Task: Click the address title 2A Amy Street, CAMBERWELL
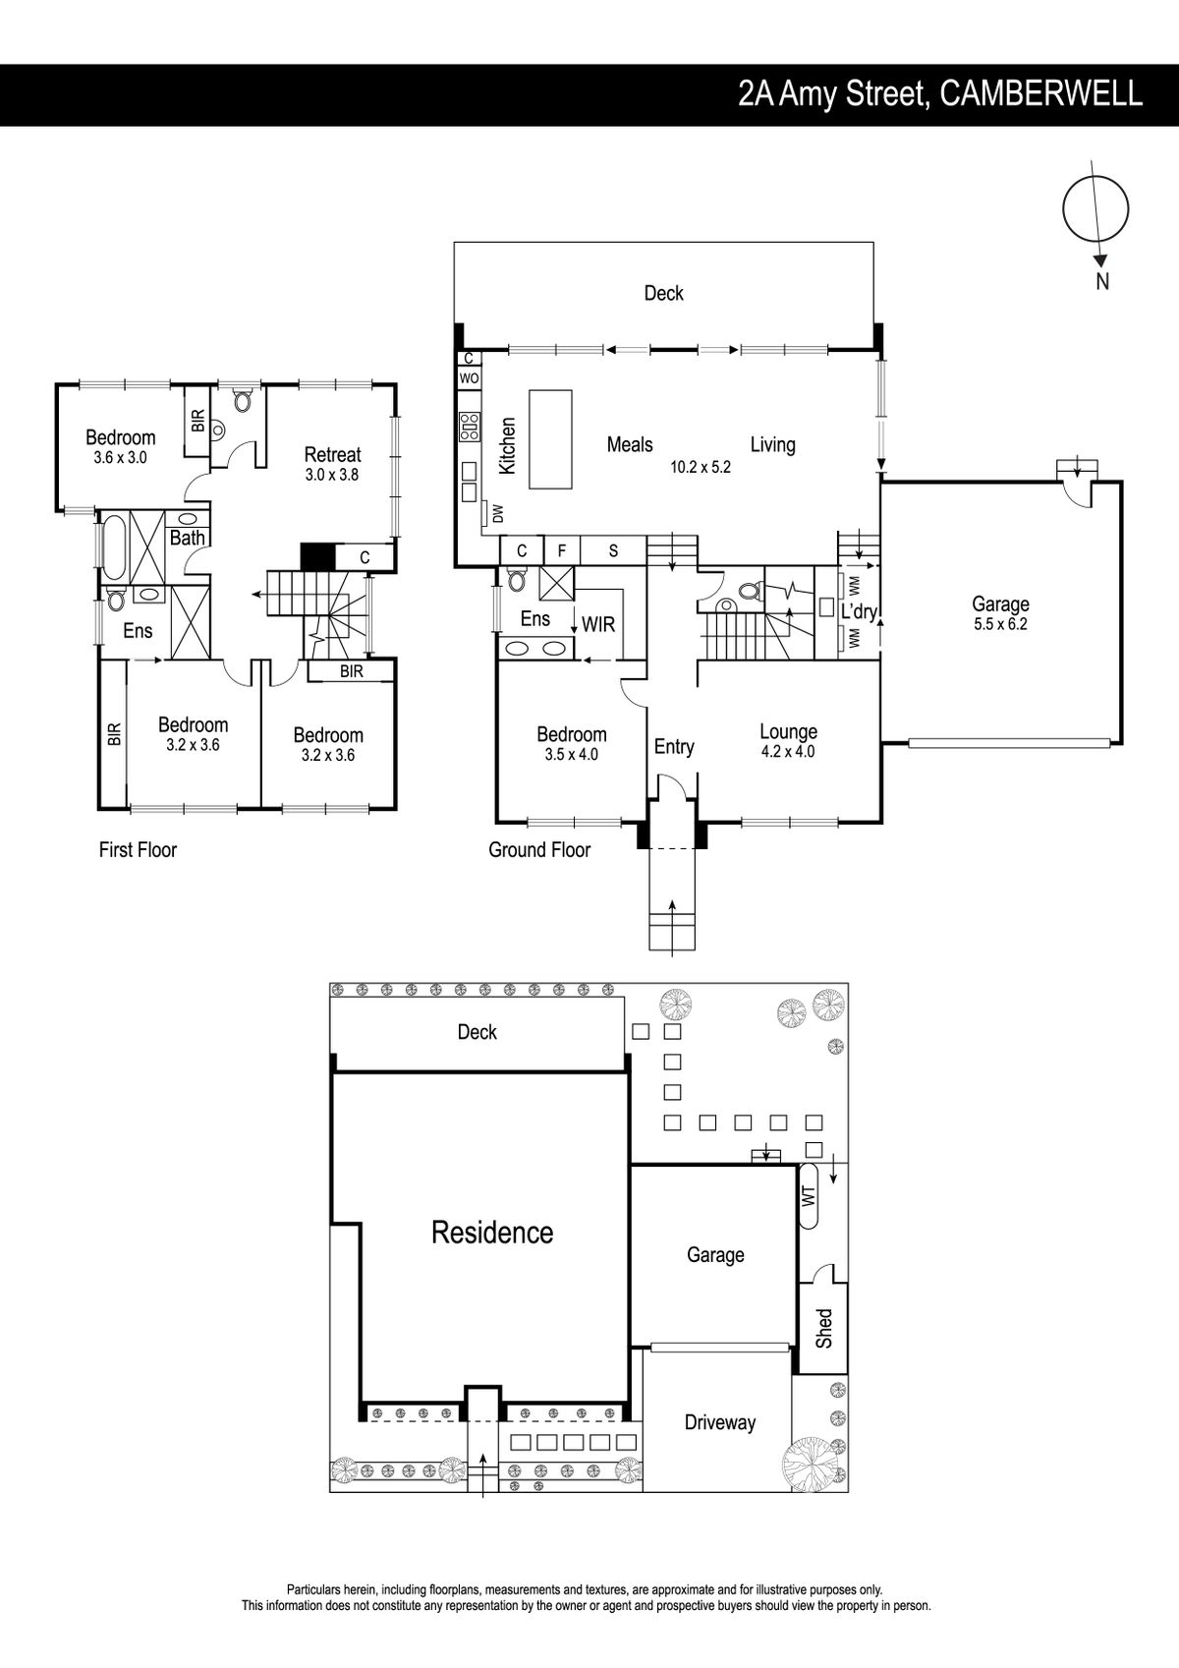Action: click(x=940, y=95)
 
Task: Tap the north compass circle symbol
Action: click(x=1095, y=209)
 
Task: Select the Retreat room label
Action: click(x=333, y=454)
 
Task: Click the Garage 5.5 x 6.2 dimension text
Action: click(x=1000, y=624)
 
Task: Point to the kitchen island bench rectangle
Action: click(x=551, y=439)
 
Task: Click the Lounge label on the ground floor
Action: click(x=788, y=731)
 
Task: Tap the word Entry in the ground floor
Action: click(x=674, y=746)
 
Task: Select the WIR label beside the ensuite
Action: click(x=598, y=624)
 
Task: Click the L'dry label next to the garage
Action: click(x=859, y=611)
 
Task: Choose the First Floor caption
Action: click(x=139, y=849)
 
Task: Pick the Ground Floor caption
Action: click(x=539, y=849)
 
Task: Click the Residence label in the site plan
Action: click(x=493, y=1233)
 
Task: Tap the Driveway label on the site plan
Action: click(x=720, y=1422)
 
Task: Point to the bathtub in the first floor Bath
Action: click(x=115, y=547)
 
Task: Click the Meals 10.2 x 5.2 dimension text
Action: click(x=701, y=467)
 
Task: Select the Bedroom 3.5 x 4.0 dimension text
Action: click(x=572, y=754)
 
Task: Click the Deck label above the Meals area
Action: click(x=664, y=293)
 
